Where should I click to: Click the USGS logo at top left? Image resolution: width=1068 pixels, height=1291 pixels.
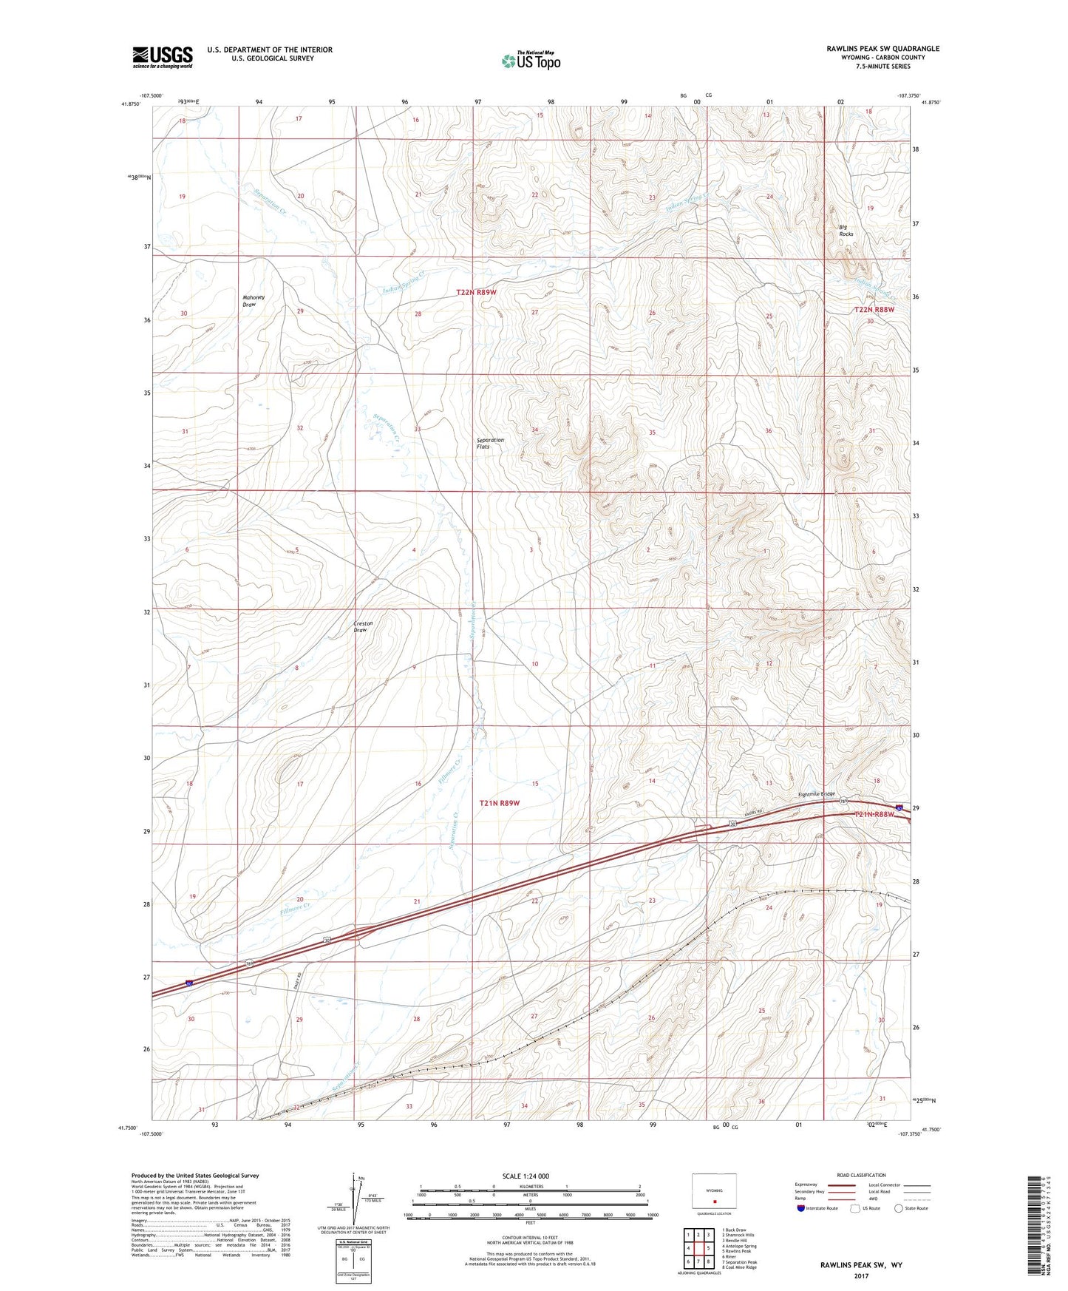[163, 57]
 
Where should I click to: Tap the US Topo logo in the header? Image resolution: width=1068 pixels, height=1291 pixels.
[530, 61]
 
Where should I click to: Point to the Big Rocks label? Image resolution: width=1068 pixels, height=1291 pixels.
[846, 230]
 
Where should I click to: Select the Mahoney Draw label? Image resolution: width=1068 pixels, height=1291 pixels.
[254, 301]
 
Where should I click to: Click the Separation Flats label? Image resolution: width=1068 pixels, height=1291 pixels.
[489, 443]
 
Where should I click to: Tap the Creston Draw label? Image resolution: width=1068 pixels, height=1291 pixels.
[362, 626]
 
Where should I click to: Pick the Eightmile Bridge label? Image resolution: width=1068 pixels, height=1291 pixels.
[816, 795]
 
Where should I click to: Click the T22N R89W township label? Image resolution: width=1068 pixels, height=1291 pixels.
[476, 292]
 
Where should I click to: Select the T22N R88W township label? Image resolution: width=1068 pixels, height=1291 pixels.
[874, 310]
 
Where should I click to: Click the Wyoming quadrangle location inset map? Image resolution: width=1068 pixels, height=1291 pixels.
[713, 1191]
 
